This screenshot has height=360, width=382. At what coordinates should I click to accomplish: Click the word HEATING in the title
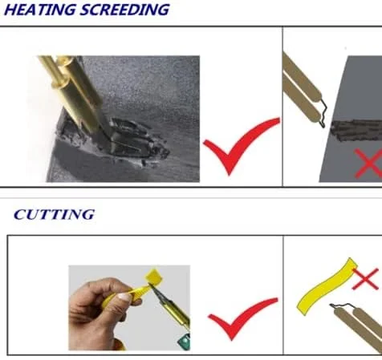tap(40, 10)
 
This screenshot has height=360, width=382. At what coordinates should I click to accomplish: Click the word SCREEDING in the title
tap(124, 10)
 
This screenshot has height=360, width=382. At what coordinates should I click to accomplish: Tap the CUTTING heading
tap(55, 215)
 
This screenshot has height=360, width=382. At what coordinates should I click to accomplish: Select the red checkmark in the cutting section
tap(242, 318)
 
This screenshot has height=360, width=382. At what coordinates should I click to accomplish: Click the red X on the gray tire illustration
tap(368, 164)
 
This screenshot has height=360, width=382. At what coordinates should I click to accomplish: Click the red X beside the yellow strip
tap(365, 278)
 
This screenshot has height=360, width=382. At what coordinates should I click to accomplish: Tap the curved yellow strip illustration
tap(327, 286)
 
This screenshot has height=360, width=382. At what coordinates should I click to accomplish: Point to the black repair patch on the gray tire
tap(356, 130)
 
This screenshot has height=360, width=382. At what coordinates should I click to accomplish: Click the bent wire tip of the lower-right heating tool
tap(343, 307)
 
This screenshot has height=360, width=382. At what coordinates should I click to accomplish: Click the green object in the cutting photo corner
tap(184, 341)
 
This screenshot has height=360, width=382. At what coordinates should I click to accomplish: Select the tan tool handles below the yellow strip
tap(360, 330)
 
